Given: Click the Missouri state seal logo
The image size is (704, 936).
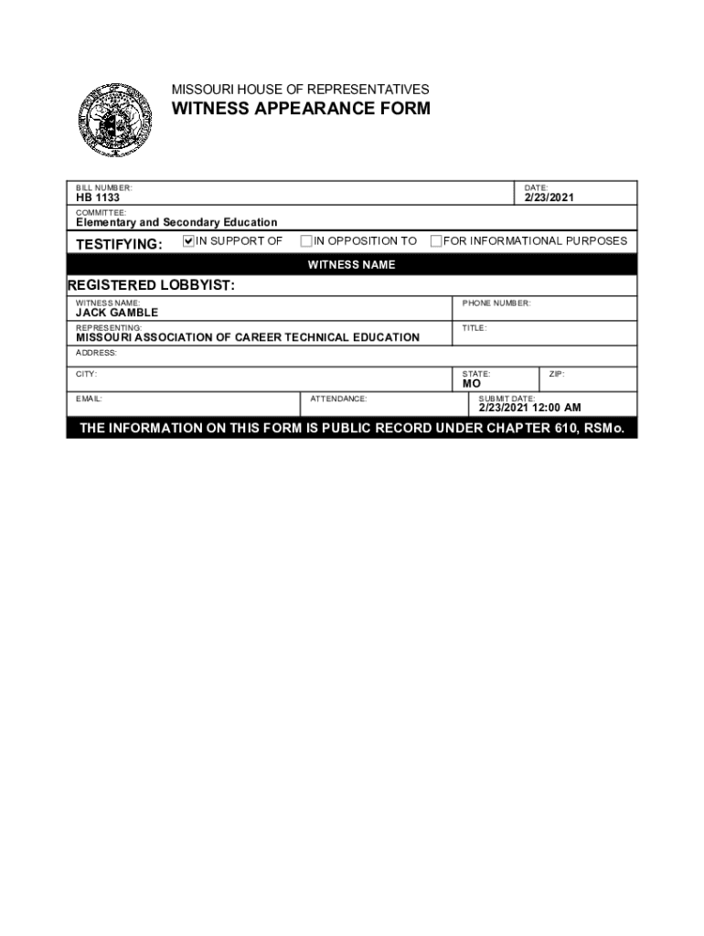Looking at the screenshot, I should pyautogui.click(x=114, y=121).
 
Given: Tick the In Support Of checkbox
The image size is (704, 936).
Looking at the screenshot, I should pyautogui.click(x=189, y=241).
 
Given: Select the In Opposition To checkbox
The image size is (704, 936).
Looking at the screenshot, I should pyautogui.click(x=306, y=241).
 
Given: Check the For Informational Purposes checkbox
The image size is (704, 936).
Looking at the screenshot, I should pyautogui.click(x=436, y=241).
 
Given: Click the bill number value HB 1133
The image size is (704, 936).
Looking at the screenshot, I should pyautogui.click(x=98, y=197).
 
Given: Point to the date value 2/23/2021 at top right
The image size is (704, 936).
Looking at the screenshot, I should pyautogui.click(x=549, y=197).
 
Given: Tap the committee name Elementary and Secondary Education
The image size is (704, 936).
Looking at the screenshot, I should pyautogui.click(x=176, y=222).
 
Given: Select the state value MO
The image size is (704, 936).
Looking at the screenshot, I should pyautogui.click(x=472, y=384).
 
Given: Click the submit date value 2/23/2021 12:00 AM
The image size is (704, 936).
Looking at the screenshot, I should pyautogui.click(x=530, y=408).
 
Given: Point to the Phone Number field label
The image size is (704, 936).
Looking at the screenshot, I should pyautogui.click(x=496, y=303).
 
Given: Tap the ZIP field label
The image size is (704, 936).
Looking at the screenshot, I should pyautogui.click(x=557, y=374).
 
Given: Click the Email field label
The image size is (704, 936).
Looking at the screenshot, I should pyautogui.click(x=90, y=399).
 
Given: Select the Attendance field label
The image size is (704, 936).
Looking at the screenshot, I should pyautogui.click(x=338, y=399).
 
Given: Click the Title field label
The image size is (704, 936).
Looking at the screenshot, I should pyautogui.click(x=475, y=327).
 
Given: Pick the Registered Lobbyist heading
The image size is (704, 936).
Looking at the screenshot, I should pyautogui.click(x=151, y=285).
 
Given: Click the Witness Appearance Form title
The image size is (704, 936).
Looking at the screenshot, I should pyautogui.click(x=301, y=110).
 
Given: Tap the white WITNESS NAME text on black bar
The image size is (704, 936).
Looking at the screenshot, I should pyautogui.click(x=351, y=265).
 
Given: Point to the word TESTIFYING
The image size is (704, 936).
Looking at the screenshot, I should pyautogui.click(x=119, y=244).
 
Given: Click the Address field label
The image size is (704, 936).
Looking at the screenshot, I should pyautogui.click(x=96, y=352).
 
